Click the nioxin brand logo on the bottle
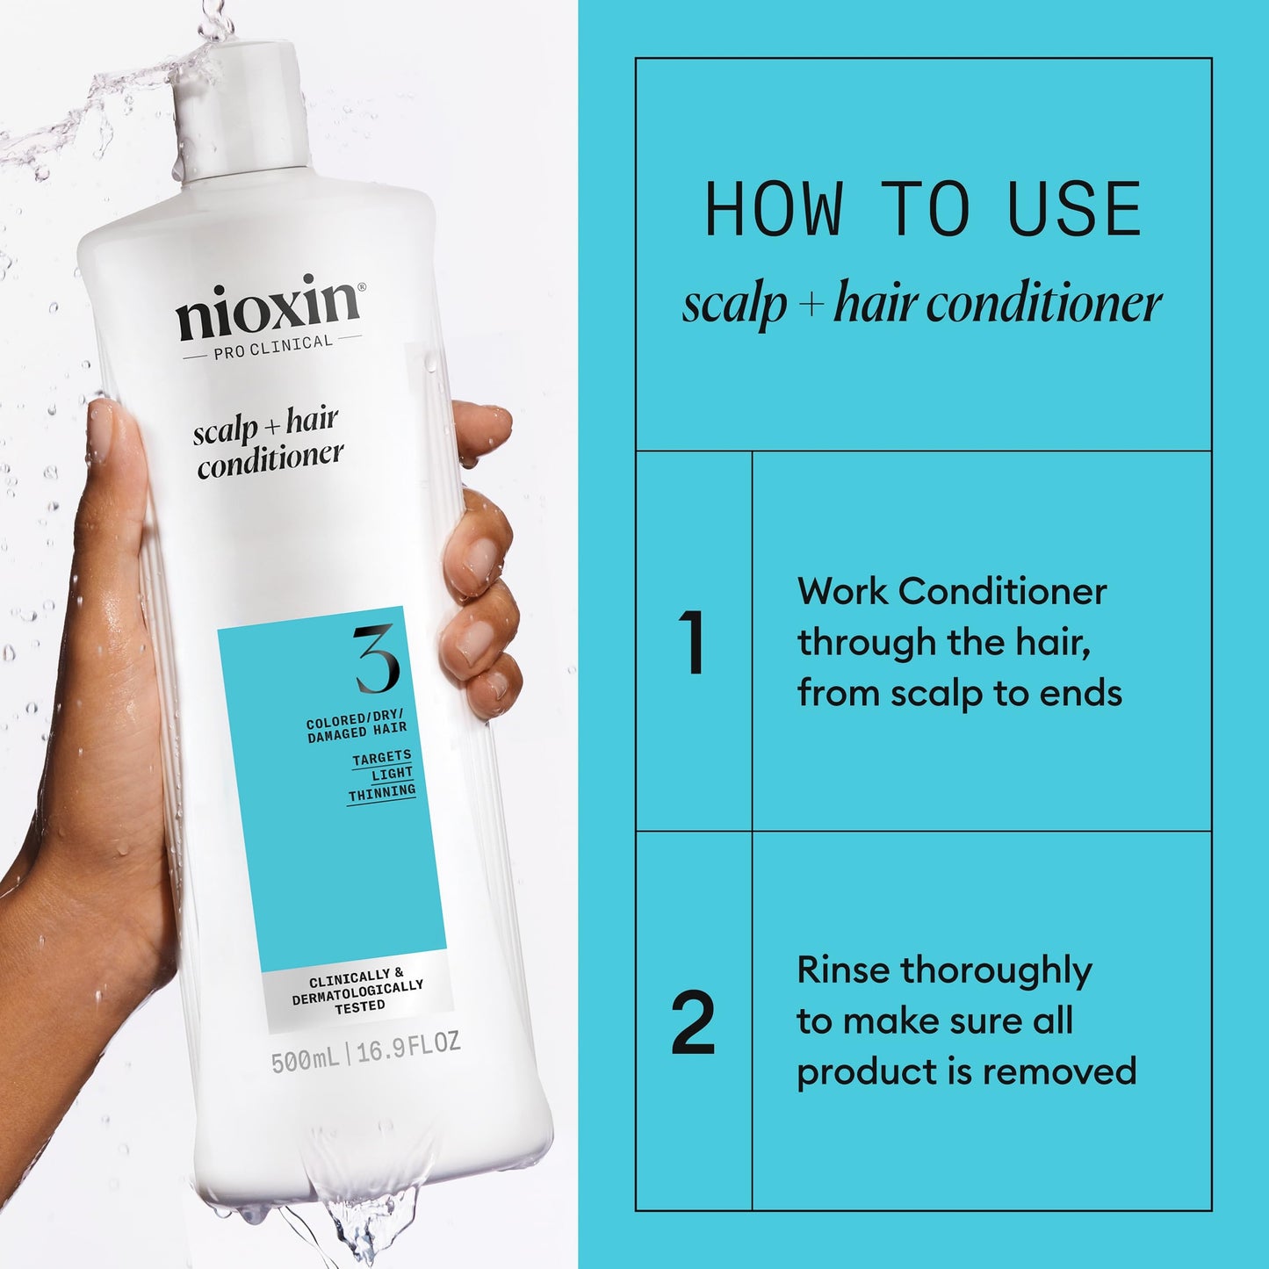269,307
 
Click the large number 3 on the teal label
377,660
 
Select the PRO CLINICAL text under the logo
273,347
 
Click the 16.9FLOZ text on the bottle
408,1046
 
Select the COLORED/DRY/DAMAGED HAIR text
357,728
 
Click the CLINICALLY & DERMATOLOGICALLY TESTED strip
358,991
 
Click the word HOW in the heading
774,211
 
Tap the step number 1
692,644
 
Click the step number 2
693,1023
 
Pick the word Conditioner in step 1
1002,592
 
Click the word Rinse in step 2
844,970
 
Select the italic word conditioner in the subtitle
1044,305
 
